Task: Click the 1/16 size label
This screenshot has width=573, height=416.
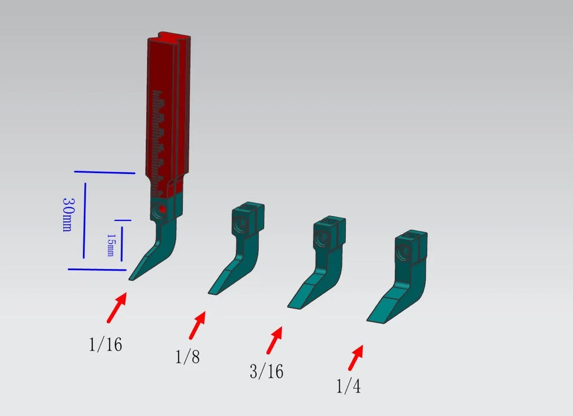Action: [x=105, y=344]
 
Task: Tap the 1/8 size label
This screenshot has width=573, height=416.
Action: [x=187, y=357]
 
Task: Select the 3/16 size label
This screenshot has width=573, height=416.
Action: [x=266, y=371]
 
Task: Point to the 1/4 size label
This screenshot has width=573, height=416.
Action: [x=348, y=386]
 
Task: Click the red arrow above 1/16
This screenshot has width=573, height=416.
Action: [x=117, y=308]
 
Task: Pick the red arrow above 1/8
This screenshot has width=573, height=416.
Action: [x=198, y=325]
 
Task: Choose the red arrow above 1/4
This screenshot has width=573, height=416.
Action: [x=355, y=357]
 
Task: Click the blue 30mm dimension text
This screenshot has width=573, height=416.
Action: [x=68, y=215]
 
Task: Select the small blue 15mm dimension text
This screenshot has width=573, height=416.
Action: [x=110, y=245]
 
